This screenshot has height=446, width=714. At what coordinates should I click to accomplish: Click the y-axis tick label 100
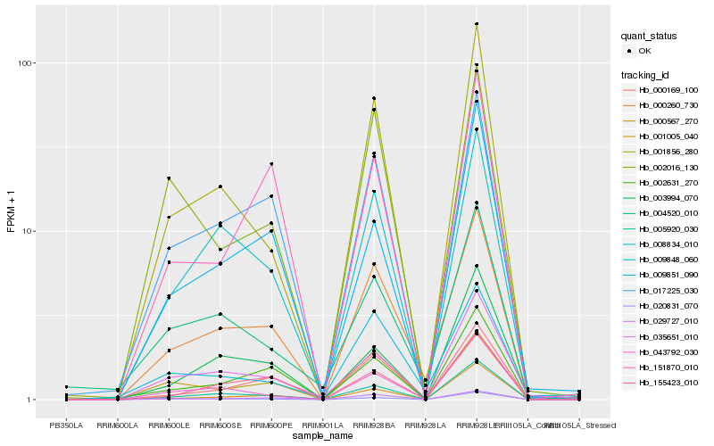(26, 63)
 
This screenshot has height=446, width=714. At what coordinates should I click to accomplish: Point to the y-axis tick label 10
(28, 231)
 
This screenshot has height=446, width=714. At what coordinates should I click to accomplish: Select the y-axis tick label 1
(30, 399)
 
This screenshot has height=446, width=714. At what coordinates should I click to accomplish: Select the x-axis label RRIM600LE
(169, 425)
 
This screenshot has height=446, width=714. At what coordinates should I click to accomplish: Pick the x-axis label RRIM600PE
(271, 425)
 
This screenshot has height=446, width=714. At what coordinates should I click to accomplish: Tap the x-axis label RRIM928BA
(374, 425)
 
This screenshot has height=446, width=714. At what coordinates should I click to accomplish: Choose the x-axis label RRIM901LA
(322, 425)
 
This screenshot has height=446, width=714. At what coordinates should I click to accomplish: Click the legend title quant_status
(649, 36)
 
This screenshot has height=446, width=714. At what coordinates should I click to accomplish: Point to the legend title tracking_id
(646, 74)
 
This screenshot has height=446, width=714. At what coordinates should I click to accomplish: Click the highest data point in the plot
(477, 24)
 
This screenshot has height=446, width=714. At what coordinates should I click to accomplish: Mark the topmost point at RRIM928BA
(374, 98)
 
